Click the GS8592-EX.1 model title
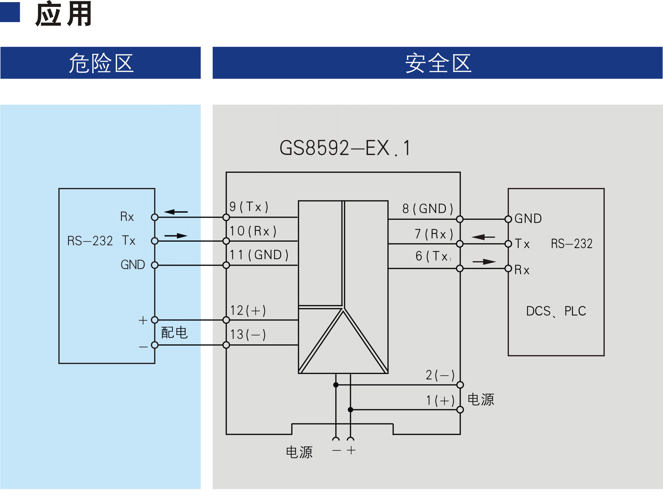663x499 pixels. coord(345,148)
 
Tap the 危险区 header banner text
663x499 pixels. coord(101,63)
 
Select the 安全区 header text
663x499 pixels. coord(438,63)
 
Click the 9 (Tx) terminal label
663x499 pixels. coord(249,207)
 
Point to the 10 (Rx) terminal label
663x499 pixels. coord(253,231)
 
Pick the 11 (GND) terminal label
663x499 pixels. coord(259,255)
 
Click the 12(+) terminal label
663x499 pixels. coord(248,310)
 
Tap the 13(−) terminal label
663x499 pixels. coord(248,334)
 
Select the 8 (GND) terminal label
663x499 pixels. coord(428,208)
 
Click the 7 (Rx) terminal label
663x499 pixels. coord(434,234)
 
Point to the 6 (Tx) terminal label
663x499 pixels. coord(433,256)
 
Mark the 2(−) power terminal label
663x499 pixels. coord(440,375)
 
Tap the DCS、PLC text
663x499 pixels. coord(556,311)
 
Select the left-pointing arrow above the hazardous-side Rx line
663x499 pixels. coord(176,212)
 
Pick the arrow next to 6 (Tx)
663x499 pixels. coord(484,262)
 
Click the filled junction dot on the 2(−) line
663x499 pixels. coord(336,385)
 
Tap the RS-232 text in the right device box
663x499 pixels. coord(572,243)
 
